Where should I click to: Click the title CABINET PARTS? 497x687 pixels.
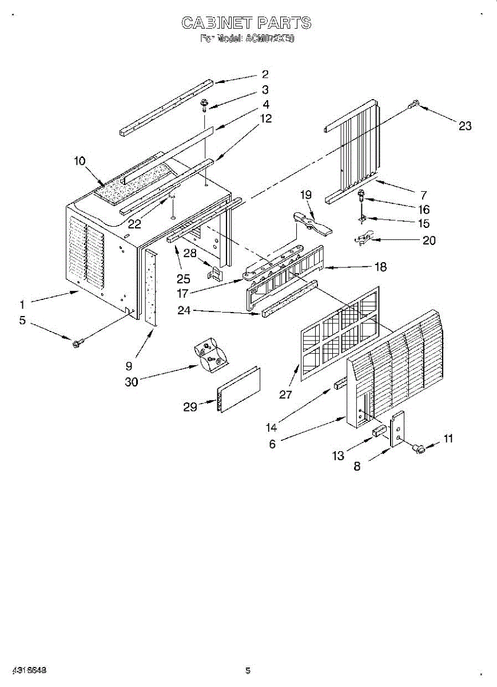tap(246, 23)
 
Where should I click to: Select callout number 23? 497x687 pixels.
tap(465, 126)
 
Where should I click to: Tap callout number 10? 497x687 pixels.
tap(79, 161)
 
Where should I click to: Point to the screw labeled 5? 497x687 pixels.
tap(76, 342)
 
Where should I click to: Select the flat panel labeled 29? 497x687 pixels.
tap(238, 389)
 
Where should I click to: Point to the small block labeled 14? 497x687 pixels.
tap(340, 383)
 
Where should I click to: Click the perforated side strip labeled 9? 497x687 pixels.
tap(151, 286)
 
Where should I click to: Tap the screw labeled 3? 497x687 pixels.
tap(204, 104)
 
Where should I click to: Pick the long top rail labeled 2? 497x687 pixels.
tap(166, 106)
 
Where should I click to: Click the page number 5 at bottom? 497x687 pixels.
tap(248, 670)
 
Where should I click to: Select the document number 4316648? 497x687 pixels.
tap(27, 670)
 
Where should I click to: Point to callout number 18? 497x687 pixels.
tap(380, 267)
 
